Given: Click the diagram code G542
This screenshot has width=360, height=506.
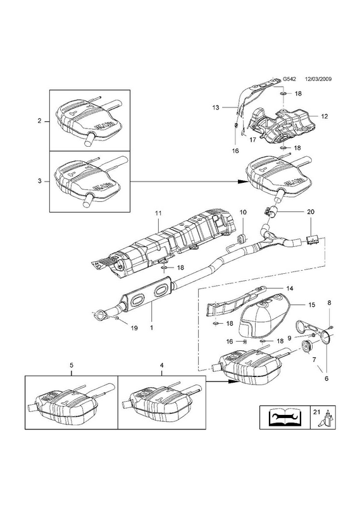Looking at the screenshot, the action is click(x=289, y=78).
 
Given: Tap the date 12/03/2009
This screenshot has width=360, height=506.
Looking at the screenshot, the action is click(x=319, y=78).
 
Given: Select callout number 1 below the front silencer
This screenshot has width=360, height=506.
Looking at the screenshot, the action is click(x=151, y=328).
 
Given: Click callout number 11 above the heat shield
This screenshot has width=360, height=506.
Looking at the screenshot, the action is click(x=158, y=213).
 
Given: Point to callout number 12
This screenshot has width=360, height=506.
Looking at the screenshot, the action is click(x=325, y=116).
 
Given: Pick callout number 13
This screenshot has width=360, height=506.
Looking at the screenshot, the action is click(x=216, y=108).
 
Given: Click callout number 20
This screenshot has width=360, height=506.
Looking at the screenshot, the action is click(x=311, y=212).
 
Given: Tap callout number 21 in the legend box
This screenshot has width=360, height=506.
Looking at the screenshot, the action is click(x=316, y=412).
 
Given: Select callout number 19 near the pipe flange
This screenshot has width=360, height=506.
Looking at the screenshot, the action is click(x=134, y=328).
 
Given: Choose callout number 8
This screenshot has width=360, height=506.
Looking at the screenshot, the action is click(x=329, y=303).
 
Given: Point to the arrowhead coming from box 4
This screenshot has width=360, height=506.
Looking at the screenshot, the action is click(x=233, y=381).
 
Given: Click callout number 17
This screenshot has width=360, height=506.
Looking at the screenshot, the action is click(x=253, y=140).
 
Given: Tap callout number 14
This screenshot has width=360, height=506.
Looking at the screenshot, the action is click(x=290, y=288).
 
